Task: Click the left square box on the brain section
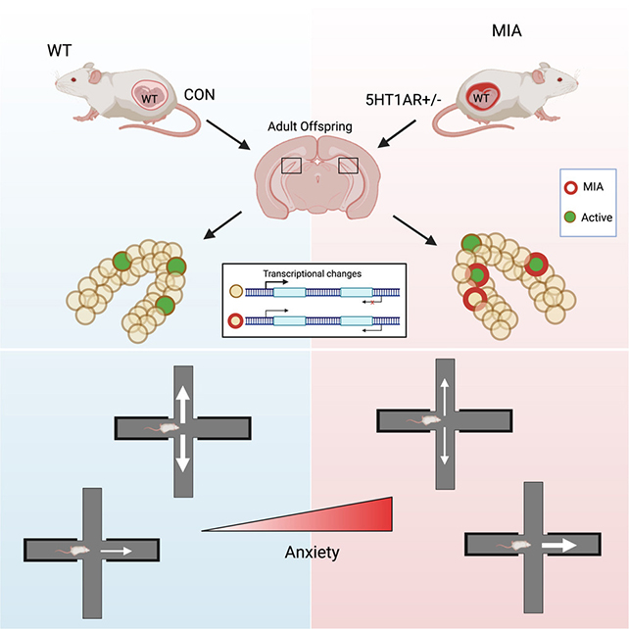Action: pos(291,166)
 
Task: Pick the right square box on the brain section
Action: pos(348,166)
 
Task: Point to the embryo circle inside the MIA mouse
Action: pos(478,97)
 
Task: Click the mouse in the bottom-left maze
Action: pos(88,552)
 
